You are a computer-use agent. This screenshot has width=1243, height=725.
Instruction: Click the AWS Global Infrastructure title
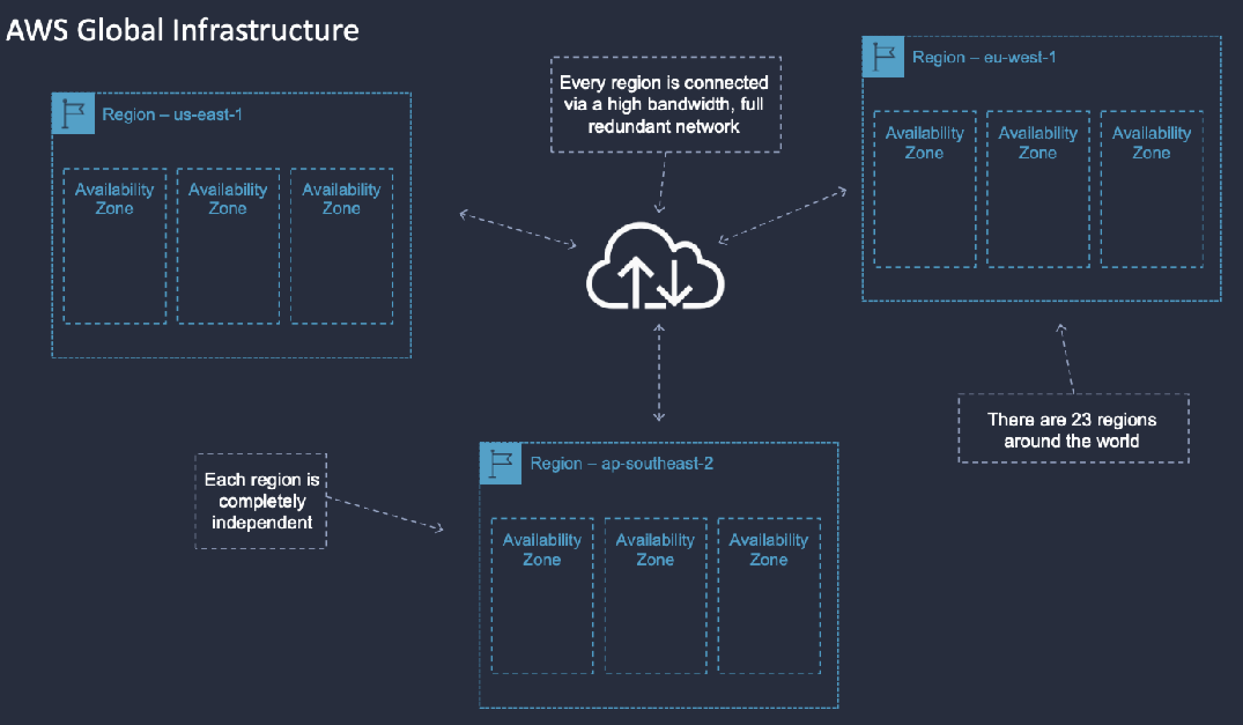pyautogui.click(x=182, y=30)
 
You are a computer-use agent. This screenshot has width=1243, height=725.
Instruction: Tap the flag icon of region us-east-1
pyautogui.click(x=73, y=114)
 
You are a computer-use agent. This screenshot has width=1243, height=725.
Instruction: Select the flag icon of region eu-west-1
pyautogui.click(x=883, y=57)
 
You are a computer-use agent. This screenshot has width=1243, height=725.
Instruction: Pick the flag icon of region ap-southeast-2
pyautogui.click(x=501, y=464)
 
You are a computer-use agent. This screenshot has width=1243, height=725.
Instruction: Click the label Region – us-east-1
pyautogui.click(x=172, y=114)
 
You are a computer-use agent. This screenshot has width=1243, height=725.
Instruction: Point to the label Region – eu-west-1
pyautogui.click(x=984, y=57)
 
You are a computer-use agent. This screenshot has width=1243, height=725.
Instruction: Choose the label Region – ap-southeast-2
pyautogui.click(x=621, y=464)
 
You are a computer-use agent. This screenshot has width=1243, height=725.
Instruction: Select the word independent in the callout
pyautogui.click(x=262, y=523)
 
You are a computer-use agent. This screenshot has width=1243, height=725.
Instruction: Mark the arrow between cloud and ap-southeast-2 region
pyautogui.click(x=659, y=372)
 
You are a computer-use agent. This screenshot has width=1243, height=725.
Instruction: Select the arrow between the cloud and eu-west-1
pyautogui.click(x=782, y=215)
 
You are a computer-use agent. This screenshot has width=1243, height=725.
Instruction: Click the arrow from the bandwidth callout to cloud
pyautogui.click(x=663, y=182)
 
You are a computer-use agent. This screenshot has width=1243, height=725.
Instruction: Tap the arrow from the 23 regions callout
pyautogui.click(x=1067, y=358)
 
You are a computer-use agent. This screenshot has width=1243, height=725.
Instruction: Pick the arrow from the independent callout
pyautogui.click(x=384, y=513)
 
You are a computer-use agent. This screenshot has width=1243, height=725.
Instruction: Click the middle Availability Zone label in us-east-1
pyautogui.click(x=228, y=199)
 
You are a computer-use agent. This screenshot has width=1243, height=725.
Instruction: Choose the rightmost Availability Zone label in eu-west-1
pyautogui.click(x=1151, y=143)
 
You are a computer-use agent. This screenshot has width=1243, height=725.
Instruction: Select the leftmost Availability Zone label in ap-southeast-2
pyautogui.click(x=542, y=549)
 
